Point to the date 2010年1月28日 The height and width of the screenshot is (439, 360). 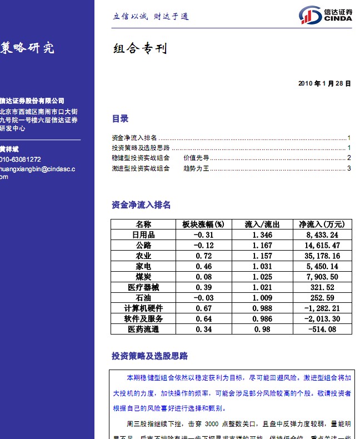point(324,84)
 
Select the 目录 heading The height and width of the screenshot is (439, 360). point(120,118)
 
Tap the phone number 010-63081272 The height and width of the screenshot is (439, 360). point(21,159)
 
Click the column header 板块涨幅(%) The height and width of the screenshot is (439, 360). point(203,225)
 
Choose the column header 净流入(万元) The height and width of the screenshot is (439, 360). point(322,225)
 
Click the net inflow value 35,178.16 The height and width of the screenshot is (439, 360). point(322,256)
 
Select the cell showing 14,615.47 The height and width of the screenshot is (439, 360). point(322,246)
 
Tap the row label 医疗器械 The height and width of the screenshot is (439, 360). point(143,287)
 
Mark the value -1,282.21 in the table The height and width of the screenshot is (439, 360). point(322,308)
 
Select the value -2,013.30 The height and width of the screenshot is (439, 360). point(322,319)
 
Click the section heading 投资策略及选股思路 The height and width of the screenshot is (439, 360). point(149,356)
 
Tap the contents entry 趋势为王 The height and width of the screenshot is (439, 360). point(196,168)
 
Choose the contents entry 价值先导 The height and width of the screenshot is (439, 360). point(196,158)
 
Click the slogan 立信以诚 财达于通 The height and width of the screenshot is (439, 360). point(151,17)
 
